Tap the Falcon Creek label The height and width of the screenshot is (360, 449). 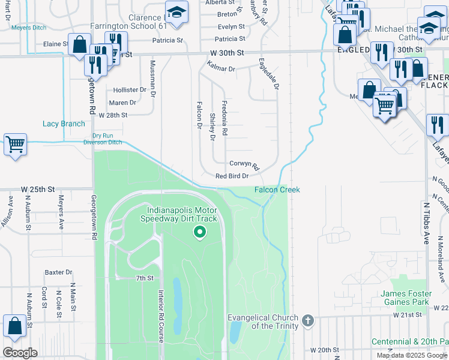coord(277,190)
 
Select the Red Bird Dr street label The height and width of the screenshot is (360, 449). coord(232,176)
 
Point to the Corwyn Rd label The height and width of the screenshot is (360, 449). coord(244,164)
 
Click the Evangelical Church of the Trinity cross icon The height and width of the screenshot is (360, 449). coord(308,320)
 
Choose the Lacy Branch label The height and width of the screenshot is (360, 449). coord(64,124)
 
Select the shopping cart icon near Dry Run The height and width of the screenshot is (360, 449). coord(15,145)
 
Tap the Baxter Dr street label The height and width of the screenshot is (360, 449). coord(58,272)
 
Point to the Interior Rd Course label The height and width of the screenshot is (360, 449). coord(161,316)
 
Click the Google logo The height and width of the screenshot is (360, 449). coord(20,353)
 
